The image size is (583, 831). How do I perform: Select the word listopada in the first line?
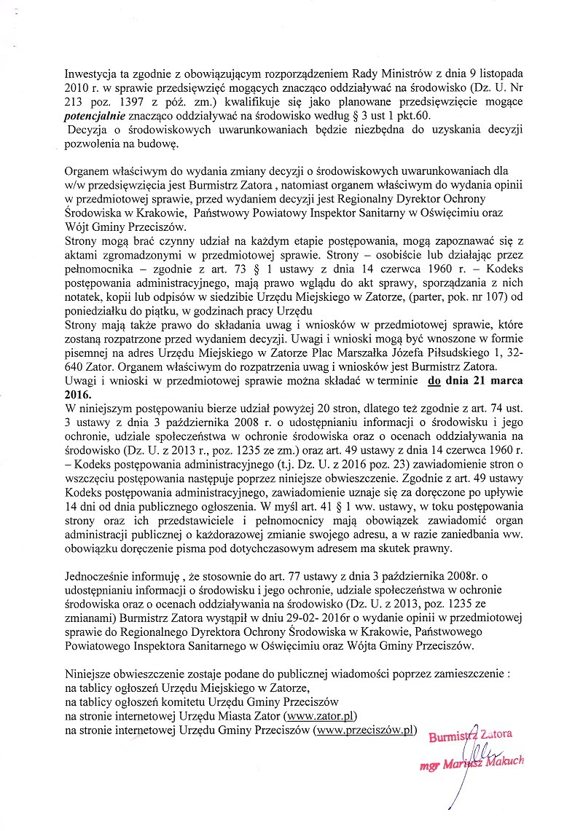tap(498, 75)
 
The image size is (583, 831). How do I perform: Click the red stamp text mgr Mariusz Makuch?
tap(472, 763)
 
